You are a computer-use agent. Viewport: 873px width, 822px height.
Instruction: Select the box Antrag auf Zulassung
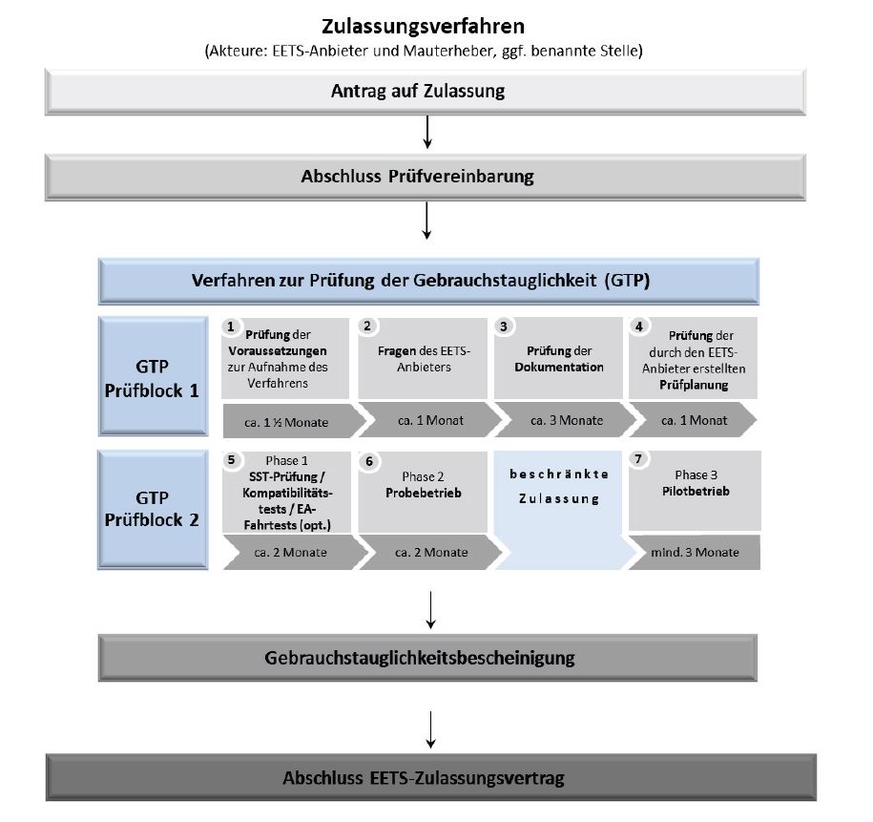point(426,93)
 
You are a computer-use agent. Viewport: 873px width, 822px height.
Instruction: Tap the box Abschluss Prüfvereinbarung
point(426,177)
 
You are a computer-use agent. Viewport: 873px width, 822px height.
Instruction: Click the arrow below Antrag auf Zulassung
point(427,134)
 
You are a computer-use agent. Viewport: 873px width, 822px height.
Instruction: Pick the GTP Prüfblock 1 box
point(154,376)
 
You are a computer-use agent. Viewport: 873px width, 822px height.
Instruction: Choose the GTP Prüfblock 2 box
point(154,510)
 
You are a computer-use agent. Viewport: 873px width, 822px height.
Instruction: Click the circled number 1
point(230,327)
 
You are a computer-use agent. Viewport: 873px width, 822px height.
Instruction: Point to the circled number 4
point(637,327)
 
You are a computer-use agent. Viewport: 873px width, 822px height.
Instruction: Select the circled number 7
point(638,459)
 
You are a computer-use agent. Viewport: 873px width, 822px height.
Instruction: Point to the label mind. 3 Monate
point(694,552)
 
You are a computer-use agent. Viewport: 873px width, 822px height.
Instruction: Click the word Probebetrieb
point(422,494)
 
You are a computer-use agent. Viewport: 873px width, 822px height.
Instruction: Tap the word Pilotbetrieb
point(693,492)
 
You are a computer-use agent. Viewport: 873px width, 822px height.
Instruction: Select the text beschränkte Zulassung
point(559,486)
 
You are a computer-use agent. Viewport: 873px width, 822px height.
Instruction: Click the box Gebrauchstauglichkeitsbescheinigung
point(426,658)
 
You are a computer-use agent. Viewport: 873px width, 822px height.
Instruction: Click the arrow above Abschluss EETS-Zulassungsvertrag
point(431,730)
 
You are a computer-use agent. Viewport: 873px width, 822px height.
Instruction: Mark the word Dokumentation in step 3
point(559,367)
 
